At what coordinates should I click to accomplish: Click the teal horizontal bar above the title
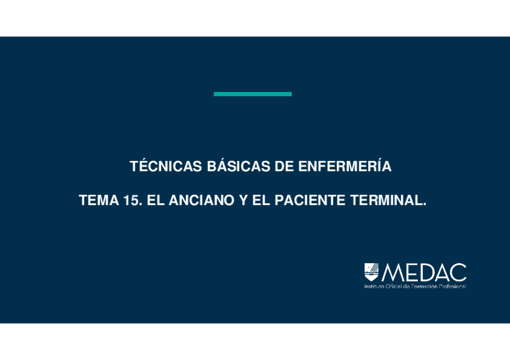click(253, 94)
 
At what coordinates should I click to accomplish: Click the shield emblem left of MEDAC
click(371, 272)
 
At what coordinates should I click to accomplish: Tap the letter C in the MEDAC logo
click(458, 272)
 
